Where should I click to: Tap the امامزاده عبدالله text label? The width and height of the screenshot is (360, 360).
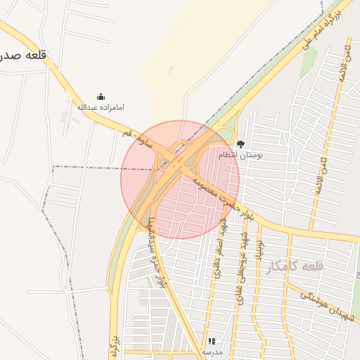point(101,108)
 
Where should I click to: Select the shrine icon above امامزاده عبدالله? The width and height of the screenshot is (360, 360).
point(101,97)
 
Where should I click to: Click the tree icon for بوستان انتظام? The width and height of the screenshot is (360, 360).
point(240,144)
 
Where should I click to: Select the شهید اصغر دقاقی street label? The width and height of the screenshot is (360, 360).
point(220,250)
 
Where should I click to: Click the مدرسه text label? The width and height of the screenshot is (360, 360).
point(212,351)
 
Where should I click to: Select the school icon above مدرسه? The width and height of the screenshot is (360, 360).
point(212,341)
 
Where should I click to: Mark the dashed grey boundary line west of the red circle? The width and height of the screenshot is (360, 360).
point(84,167)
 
